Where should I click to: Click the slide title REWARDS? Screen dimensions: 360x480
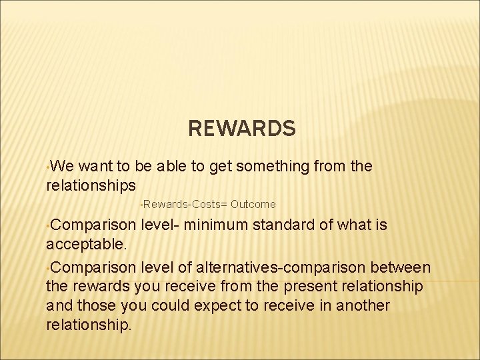click(x=241, y=128)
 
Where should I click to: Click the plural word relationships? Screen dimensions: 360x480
click(x=91, y=185)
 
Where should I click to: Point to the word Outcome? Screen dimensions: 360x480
click(x=253, y=204)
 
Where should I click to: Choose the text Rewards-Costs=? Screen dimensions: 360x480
click(x=185, y=204)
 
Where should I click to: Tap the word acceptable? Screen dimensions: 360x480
click(x=87, y=244)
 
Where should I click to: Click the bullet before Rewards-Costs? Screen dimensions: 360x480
click(x=141, y=203)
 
